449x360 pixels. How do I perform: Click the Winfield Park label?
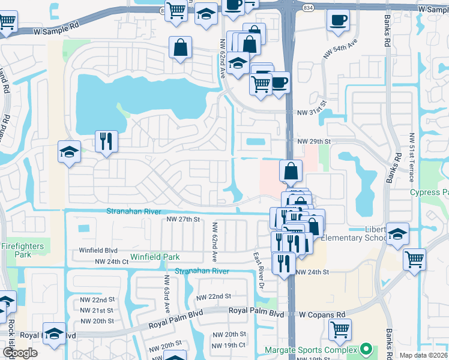tap(155, 257)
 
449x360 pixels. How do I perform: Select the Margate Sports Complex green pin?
tap(366, 349)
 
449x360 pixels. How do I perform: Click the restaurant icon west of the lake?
tap(106, 142)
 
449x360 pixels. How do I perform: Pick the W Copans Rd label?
tap(323, 314)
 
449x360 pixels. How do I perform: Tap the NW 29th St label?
tap(315, 141)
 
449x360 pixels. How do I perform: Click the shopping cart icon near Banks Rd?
tap(414, 260)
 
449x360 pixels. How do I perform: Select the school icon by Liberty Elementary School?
tap(397, 234)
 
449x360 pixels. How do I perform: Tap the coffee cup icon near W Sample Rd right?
tap(338, 20)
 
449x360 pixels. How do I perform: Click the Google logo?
tap(20, 353)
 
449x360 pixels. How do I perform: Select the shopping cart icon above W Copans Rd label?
tap(340, 328)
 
